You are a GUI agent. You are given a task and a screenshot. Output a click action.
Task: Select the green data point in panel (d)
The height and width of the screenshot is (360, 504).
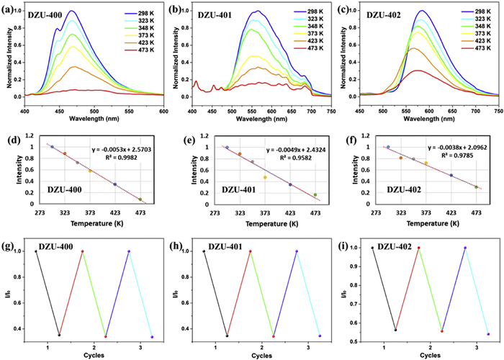[140, 199]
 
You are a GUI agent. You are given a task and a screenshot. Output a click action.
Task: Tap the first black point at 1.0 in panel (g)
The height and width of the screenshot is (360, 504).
[36, 251]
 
